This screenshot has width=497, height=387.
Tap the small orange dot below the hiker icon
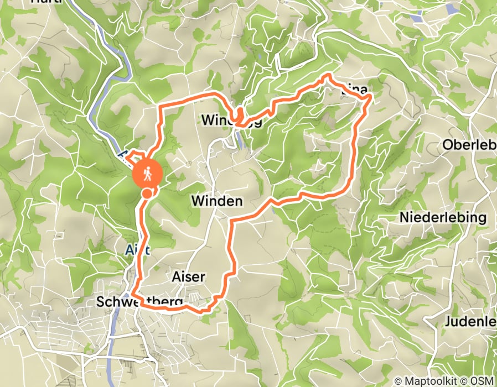pos(147,193)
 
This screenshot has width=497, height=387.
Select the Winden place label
pos(217,201)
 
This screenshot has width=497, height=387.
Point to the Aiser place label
pos(189,276)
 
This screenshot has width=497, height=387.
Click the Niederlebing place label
pos(443,217)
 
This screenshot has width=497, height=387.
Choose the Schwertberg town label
pos(139,302)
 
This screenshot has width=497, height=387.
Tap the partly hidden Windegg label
pos(227,120)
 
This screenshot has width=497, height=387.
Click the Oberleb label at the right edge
pos(469,145)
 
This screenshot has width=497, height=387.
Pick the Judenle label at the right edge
pos(470,321)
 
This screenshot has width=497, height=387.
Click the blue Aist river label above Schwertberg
pos(138,250)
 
